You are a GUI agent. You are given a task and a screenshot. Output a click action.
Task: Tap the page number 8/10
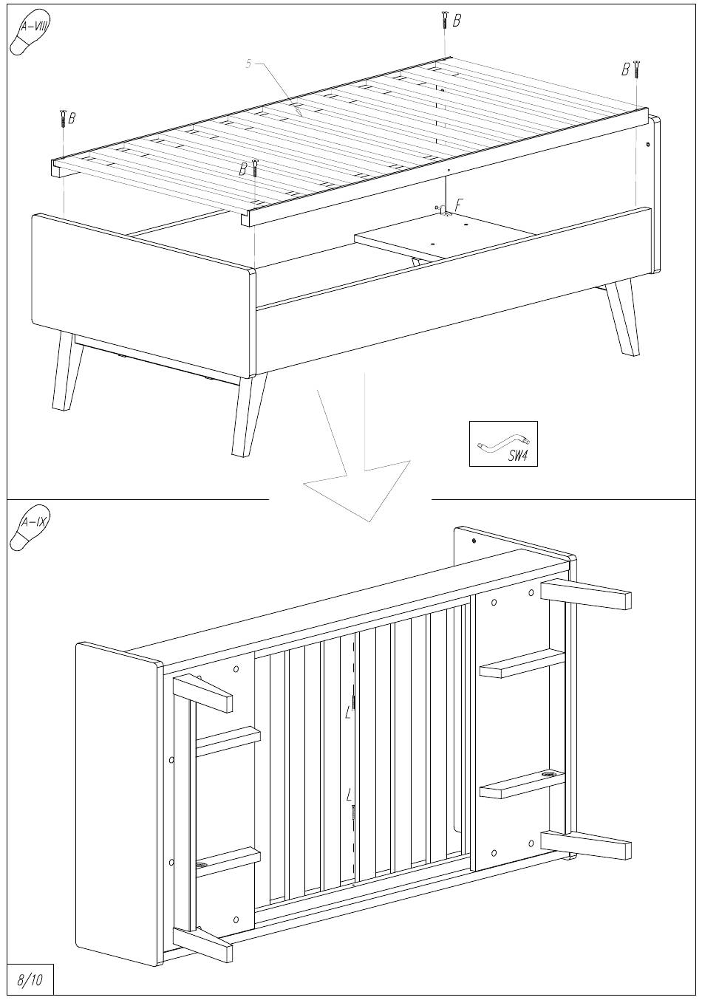[30, 980]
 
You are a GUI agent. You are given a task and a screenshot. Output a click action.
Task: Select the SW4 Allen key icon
[503, 445]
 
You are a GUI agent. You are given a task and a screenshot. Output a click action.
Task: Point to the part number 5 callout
[249, 64]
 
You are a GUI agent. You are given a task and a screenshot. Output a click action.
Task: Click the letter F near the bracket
[459, 205]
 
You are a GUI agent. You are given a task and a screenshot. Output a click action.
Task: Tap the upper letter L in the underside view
[348, 713]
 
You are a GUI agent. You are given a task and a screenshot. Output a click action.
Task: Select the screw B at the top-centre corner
[445, 20]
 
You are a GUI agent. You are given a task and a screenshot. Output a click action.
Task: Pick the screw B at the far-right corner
[635, 69]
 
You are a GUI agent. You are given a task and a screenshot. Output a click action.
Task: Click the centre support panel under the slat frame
[443, 233]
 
